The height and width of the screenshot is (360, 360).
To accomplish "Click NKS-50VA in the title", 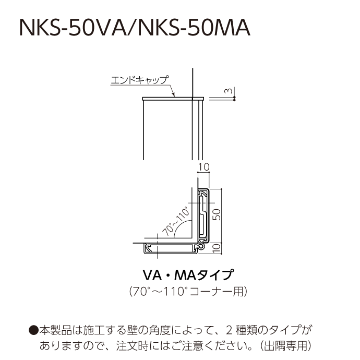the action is pos(73,28).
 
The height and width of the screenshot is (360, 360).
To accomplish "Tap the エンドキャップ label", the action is pos(140,80).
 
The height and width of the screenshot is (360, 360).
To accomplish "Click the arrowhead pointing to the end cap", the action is pos(174,94).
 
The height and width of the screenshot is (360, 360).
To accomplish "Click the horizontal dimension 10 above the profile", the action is pos(203,167).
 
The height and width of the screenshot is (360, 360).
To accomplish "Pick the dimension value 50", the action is pos(217,214).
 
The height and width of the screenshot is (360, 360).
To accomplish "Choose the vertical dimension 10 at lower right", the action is pos(217,248).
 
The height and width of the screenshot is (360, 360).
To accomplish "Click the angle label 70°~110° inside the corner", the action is pos(176,221).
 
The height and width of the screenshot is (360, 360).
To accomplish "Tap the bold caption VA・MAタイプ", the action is pos(188,275).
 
